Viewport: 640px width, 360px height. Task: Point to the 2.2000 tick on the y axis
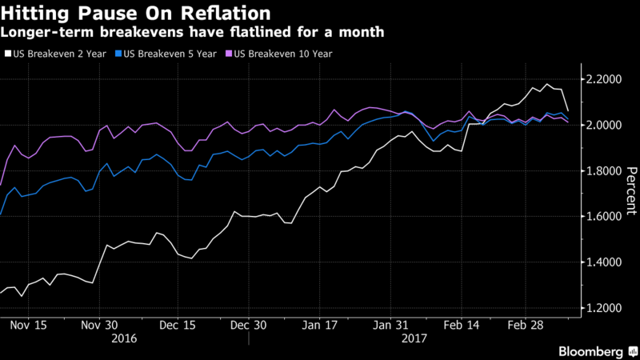(x=605, y=79)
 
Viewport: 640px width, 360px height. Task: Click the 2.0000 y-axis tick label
(x=605, y=126)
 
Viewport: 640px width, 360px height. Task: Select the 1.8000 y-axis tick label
(x=605, y=171)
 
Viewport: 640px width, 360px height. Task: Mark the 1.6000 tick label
(x=605, y=217)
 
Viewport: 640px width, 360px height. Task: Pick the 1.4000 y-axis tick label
(x=605, y=262)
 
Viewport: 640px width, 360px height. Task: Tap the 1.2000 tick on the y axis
(x=605, y=308)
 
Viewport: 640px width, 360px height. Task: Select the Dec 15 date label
(x=178, y=326)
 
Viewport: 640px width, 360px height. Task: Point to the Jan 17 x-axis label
(x=320, y=326)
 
